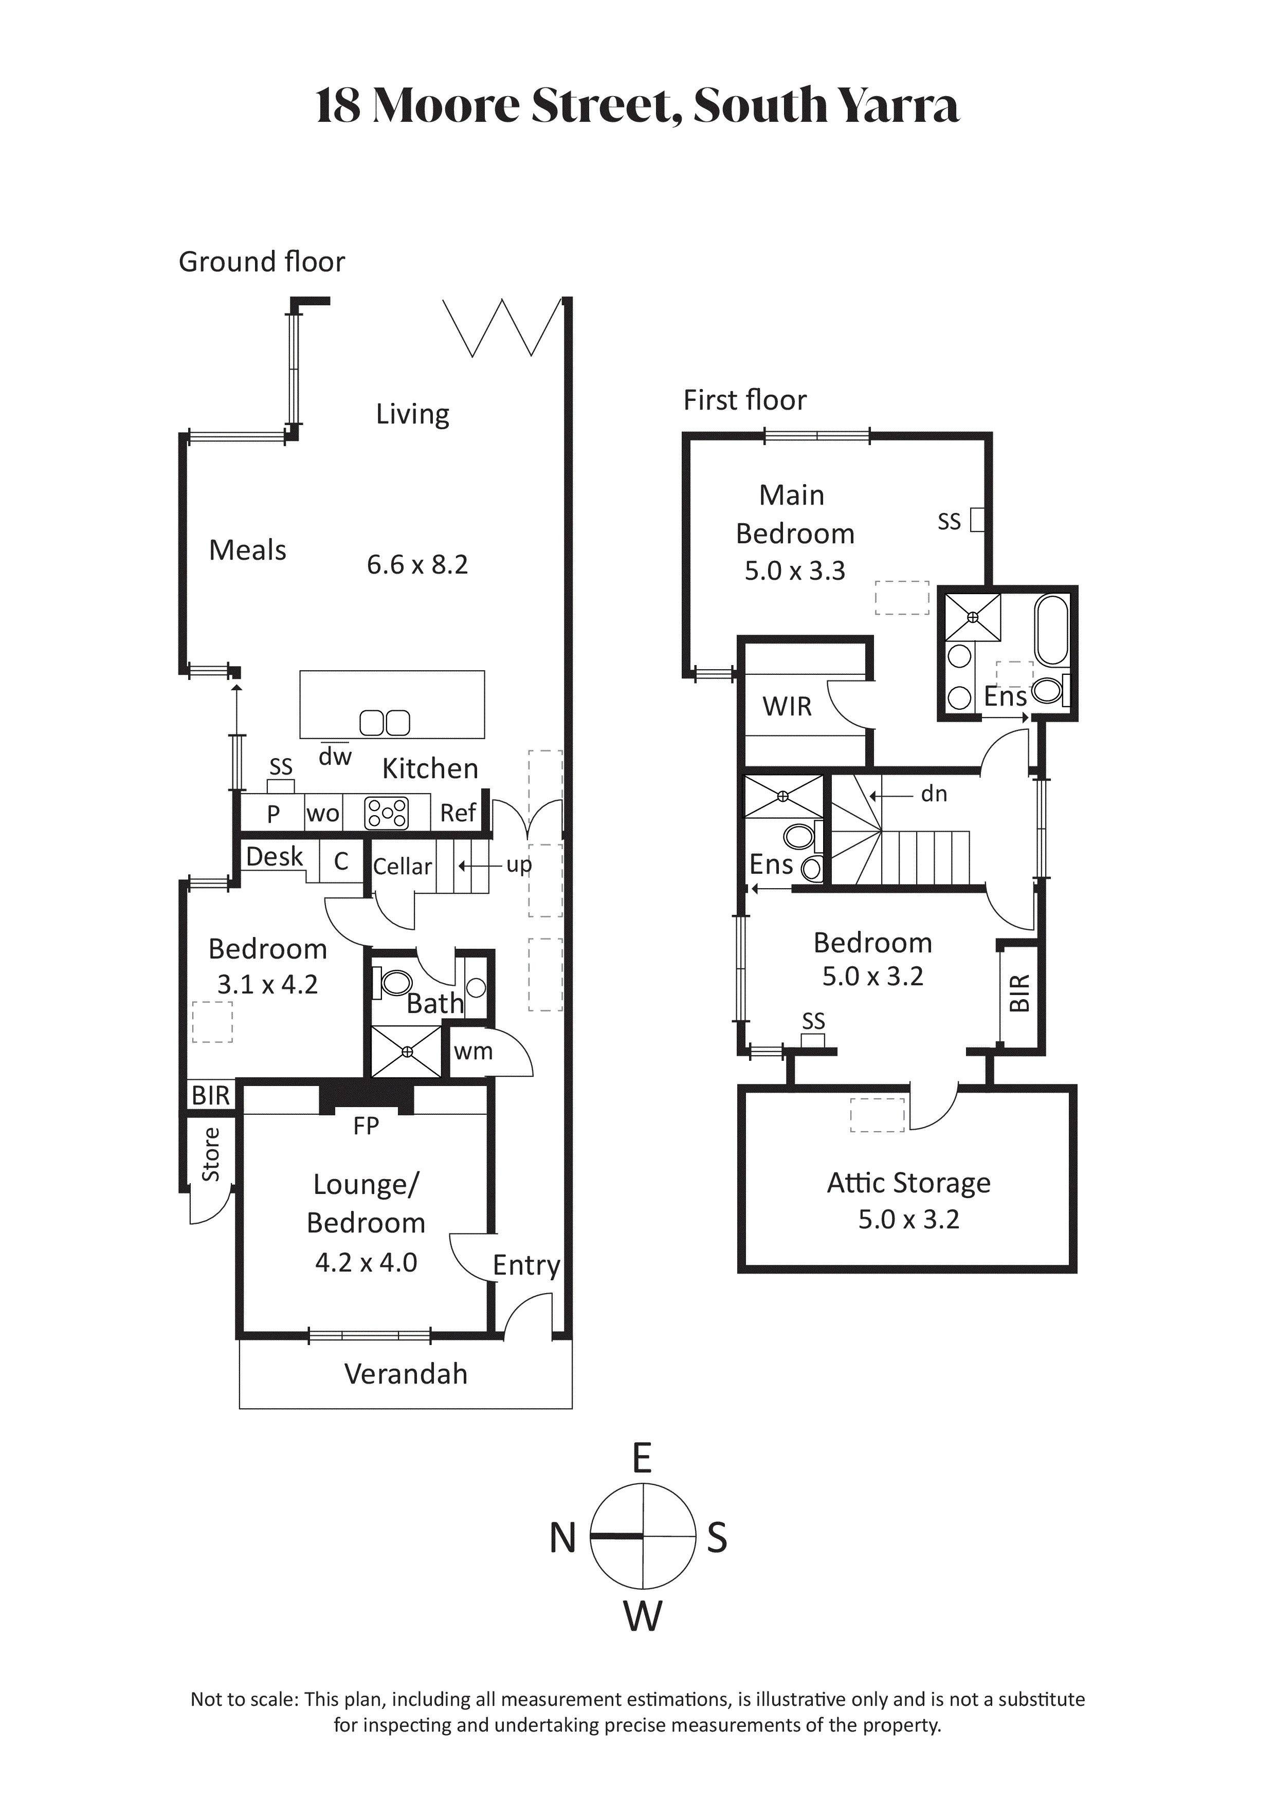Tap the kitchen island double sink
385,723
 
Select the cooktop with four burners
387,813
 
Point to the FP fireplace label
366,1126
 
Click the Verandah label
406,1374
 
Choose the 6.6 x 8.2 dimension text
417,565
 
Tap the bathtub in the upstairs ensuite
1053,631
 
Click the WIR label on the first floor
787,706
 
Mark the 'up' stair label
519,866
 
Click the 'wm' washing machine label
473,1052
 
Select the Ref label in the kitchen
458,813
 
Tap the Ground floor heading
262,262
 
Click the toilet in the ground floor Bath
394,983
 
